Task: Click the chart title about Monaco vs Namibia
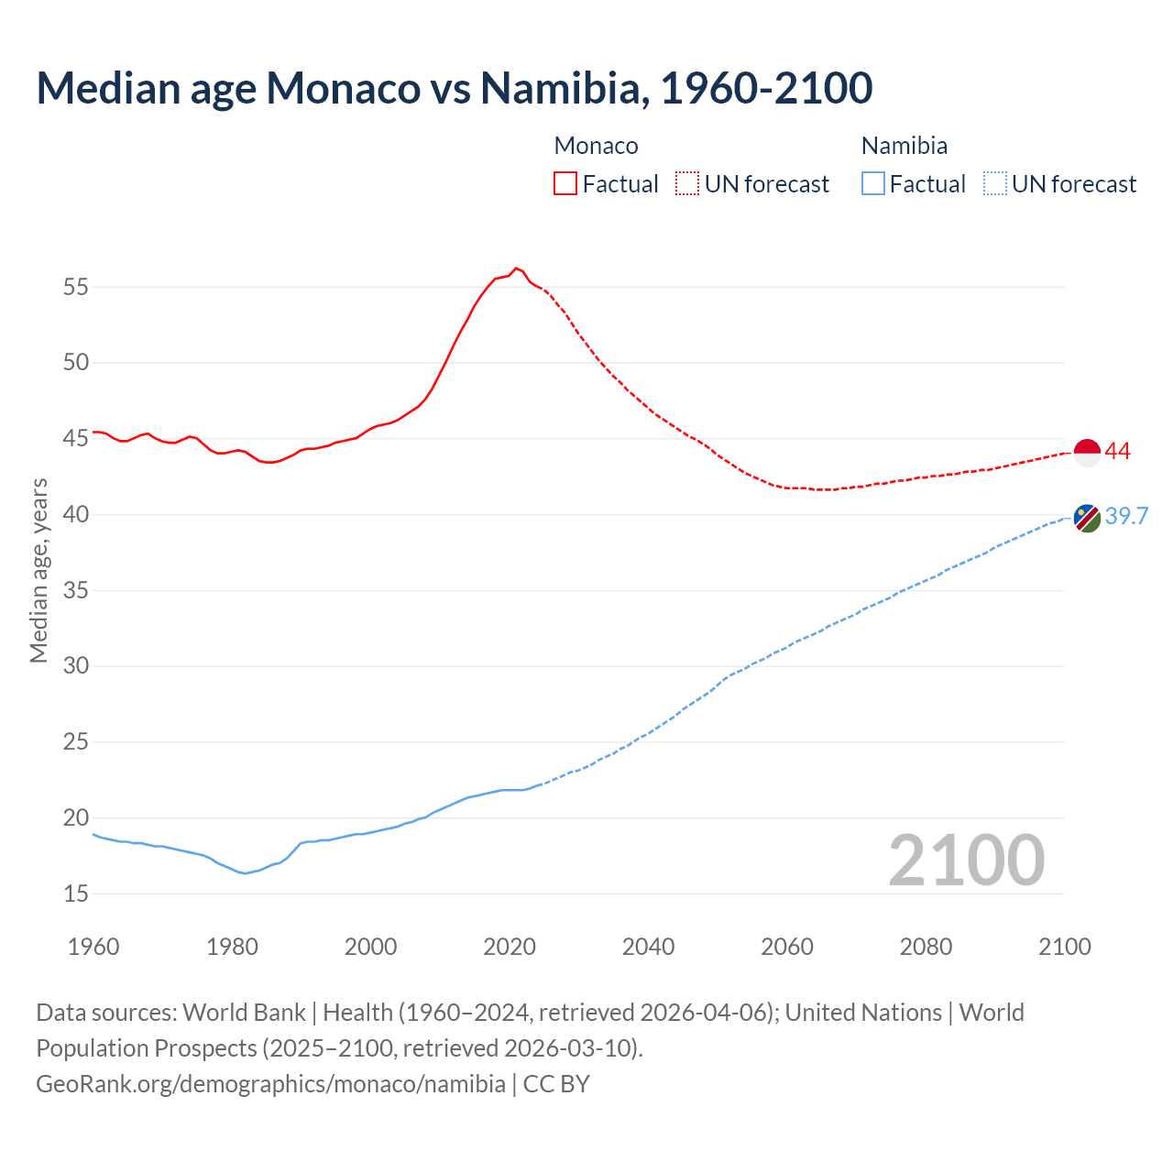coord(454,88)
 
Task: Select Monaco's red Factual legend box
coord(565,183)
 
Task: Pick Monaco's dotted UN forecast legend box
coord(687,183)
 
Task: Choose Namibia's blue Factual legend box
coord(873,183)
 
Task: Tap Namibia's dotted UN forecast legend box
coord(994,183)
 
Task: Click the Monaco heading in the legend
coord(596,146)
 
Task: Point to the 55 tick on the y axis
coord(76,287)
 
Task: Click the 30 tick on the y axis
coord(76,666)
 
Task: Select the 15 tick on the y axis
coord(76,893)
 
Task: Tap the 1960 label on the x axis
coord(93,947)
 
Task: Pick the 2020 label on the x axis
coord(510,947)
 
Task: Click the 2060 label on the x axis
coord(787,947)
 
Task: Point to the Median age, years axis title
coord(38,570)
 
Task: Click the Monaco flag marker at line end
coord(1087,453)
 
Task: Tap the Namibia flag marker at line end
coord(1087,518)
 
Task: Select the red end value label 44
coord(1118,451)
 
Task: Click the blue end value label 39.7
coord(1126,516)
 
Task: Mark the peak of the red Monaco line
coord(516,268)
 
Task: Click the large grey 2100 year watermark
coord(966,860)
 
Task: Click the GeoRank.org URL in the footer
coord(270,1084)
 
